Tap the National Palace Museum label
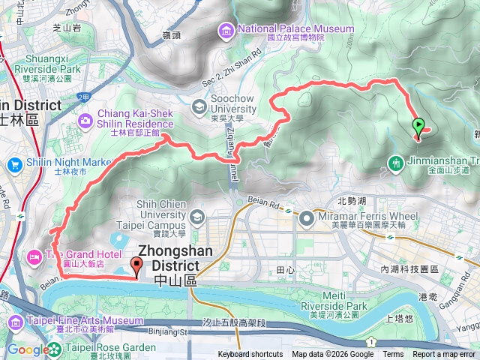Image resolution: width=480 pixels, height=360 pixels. [x=295, y=29]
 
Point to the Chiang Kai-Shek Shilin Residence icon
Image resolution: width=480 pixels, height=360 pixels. [x=84, y=119]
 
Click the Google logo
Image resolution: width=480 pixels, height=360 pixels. [x=27, y=349]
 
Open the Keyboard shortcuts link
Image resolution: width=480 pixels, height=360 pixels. [x=250, y=355]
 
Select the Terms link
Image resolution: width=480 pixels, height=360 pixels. [x=393, y=355]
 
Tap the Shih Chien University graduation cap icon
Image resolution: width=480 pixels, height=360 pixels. [x=196, y=217]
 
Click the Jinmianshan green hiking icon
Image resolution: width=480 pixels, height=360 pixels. [x=395, y=161]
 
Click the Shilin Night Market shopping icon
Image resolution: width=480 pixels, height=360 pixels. [x=13, y=163]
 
